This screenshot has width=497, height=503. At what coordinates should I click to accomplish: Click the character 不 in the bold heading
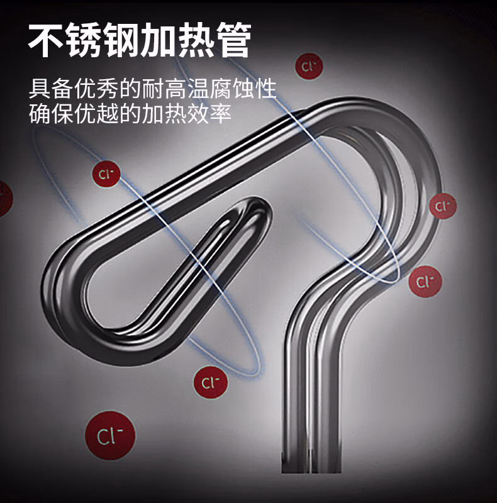coord(47,41)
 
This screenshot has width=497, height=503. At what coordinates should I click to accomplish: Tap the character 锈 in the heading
coord(84,41)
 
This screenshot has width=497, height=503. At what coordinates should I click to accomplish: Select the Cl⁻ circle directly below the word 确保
coord(105,173)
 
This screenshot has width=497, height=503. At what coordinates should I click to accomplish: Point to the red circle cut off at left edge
coord(3,199)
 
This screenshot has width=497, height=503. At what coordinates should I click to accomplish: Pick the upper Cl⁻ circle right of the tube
coord(443,206)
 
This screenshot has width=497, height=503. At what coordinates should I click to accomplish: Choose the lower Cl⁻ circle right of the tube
coord(425,281)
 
